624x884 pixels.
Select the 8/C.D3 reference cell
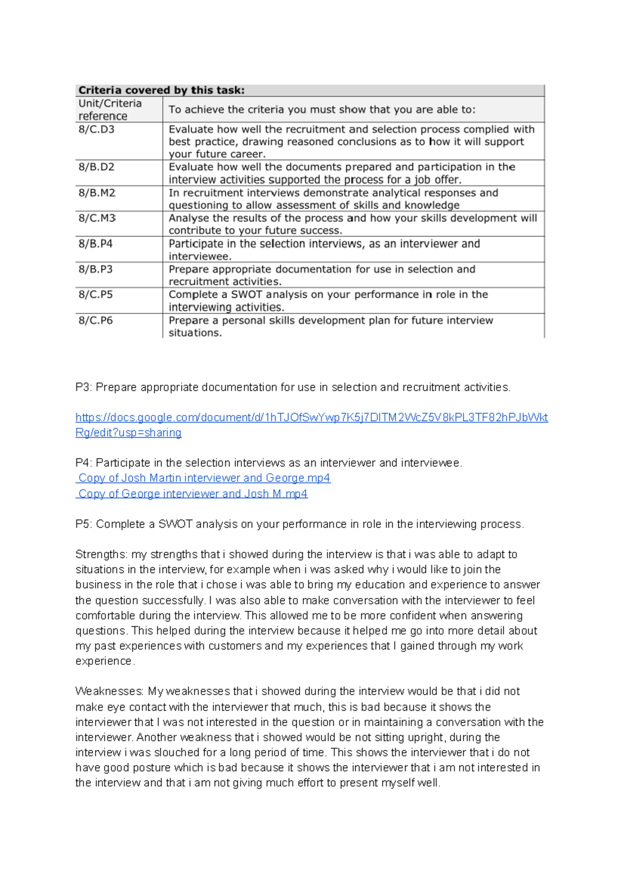click(97, 129)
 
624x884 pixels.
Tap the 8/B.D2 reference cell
click(97, 167)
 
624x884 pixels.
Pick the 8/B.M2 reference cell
click(97, 193)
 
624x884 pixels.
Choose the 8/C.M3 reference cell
click(97, 218)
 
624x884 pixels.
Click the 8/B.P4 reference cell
click(96, 244)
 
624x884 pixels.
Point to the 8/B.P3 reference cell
click(96, 269)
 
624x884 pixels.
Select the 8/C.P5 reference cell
click(96, 295)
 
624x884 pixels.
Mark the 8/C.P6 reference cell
click(96, 320)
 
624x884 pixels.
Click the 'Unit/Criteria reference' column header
click(110, 109)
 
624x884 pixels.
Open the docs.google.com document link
click(311, 418)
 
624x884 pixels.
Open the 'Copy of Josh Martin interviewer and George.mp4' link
click(204, 478)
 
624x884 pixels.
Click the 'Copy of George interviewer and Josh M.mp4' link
click(192, 494)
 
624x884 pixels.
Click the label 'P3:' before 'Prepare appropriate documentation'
click(84, 387)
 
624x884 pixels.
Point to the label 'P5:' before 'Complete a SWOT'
click(84, 524)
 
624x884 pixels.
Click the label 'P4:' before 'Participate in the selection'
click(84, 463)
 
